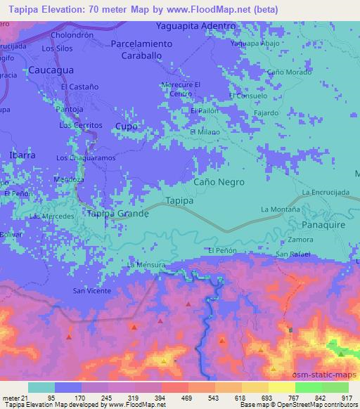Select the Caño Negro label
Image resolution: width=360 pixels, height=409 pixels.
(x=219, y=181)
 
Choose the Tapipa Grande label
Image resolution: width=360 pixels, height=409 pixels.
(x=117, y=213)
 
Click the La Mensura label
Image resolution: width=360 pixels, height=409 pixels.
(x=146, y=265)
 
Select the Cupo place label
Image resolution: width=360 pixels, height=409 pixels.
(x=126, y=126)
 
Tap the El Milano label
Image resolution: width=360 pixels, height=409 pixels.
(x=205, y=131)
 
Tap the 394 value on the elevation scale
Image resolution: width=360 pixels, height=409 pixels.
(x=161, y=398)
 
